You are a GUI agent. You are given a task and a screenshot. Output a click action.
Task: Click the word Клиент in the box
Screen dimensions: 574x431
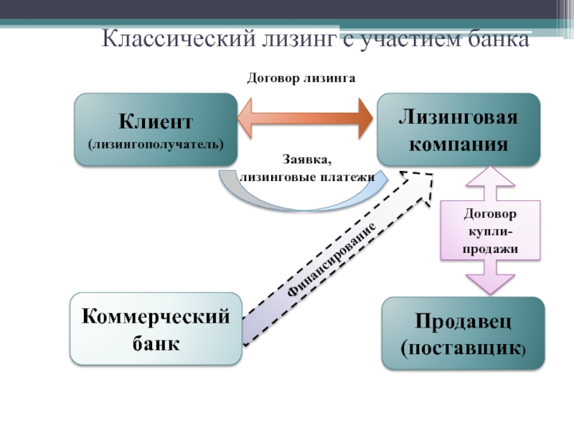(x=156, y=121)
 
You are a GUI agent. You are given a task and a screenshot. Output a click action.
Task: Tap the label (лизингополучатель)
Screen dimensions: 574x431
(x=156, y=144)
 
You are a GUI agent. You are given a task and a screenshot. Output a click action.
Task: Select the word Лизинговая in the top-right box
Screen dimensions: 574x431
(x=458, y=117)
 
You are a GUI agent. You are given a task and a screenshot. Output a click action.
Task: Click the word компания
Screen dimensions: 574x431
(x=458, y=144)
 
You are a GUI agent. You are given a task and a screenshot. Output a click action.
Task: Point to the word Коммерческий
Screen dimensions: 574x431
(x=156, y=316)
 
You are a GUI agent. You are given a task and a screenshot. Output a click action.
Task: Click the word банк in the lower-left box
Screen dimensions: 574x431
(x=156, y=343)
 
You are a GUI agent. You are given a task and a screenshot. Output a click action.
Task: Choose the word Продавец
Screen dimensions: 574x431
(x=463, y=321)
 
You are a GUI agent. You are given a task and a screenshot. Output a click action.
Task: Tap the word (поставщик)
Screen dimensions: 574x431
(x=463, y=348)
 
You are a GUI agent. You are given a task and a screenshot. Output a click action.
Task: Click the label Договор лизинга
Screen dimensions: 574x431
(x=301, y=78)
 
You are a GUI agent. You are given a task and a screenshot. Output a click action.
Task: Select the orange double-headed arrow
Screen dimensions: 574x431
(x=305, y=119)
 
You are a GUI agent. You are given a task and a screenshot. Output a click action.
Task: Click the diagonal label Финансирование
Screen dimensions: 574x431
(x=331, y=259)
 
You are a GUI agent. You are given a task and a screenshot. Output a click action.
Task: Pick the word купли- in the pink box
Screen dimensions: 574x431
(x=490, y=231)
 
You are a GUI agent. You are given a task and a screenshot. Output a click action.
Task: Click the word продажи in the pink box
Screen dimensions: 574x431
(x=490, y=249)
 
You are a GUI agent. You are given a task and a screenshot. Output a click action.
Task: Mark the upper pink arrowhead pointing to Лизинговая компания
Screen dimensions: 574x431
(x=490, y=176)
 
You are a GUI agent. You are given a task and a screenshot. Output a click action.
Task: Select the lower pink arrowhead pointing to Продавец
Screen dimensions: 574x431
(x=490, y=284)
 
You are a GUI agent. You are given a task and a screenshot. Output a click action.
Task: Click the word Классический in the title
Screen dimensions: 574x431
(x=178, y=38)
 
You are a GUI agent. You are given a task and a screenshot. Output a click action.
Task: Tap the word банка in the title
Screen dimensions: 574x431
(x=499, y=39)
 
